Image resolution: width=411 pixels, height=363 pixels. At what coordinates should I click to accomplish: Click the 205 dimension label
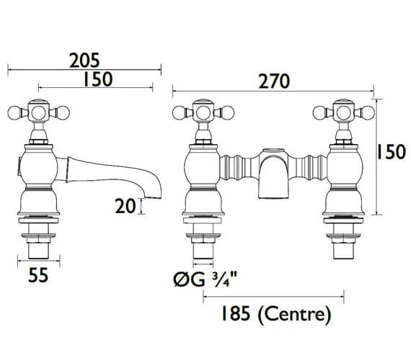[x=84, y=60]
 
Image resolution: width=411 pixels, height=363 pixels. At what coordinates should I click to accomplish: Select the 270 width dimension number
[x=274, y=81]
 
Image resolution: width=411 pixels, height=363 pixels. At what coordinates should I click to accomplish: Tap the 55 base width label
[x=38, y=275]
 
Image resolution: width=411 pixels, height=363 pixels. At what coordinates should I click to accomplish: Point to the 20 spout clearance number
[x=125, y=206]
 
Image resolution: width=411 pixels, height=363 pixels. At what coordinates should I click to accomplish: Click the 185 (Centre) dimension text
[x=276, y=314]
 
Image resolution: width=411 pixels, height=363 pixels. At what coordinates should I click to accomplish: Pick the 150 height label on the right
[x=391, y=152]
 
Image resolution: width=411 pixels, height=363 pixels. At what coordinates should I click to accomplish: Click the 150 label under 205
[x=98, y=79]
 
